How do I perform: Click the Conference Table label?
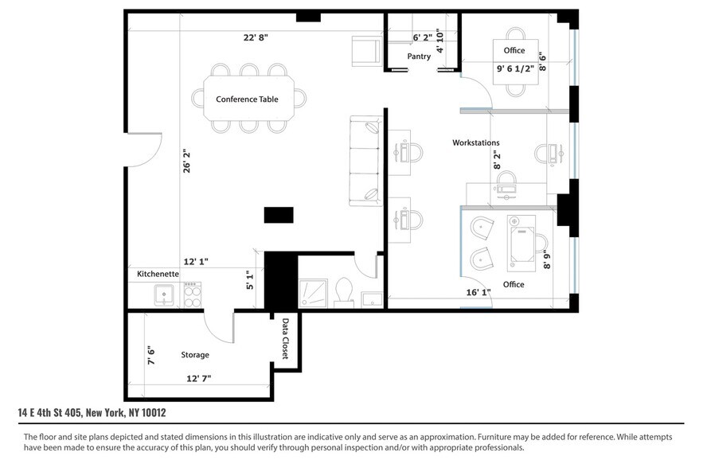[247, 99]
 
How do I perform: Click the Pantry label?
[419, 57]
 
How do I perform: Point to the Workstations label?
[476, 142]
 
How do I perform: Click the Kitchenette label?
[158, 274]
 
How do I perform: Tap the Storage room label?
[194, 355]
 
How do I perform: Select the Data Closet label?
[285, 339]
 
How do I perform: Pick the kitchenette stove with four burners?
[191, 294]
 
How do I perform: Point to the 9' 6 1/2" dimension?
[516, 69]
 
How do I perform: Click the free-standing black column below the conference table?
[279, 215]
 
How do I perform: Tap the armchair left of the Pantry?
[366, 52]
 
